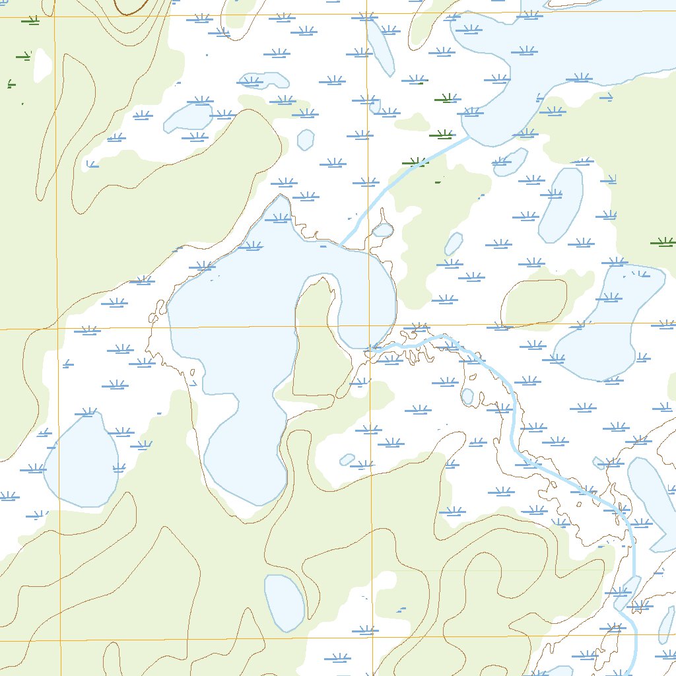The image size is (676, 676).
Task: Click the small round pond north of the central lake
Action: (x=306, y=139)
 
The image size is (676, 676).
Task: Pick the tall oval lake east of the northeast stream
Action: (x=561, y=205)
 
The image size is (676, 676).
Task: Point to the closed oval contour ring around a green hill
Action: (x=535, y=302)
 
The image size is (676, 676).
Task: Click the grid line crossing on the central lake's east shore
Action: (x=370, y=326)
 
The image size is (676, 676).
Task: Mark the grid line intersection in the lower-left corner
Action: (x=59, y=640)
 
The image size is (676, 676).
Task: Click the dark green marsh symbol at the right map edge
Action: (x=663, y=242)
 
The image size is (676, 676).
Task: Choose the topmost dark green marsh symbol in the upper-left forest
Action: (x=30, y=20)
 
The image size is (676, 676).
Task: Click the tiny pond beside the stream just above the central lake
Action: (x=383, y=230)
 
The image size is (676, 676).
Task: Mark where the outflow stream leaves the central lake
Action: (x=374, y=348)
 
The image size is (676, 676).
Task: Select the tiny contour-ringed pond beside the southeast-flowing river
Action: (x=467, y=396)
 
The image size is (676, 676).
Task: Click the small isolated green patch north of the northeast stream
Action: (x=413, y=122)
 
